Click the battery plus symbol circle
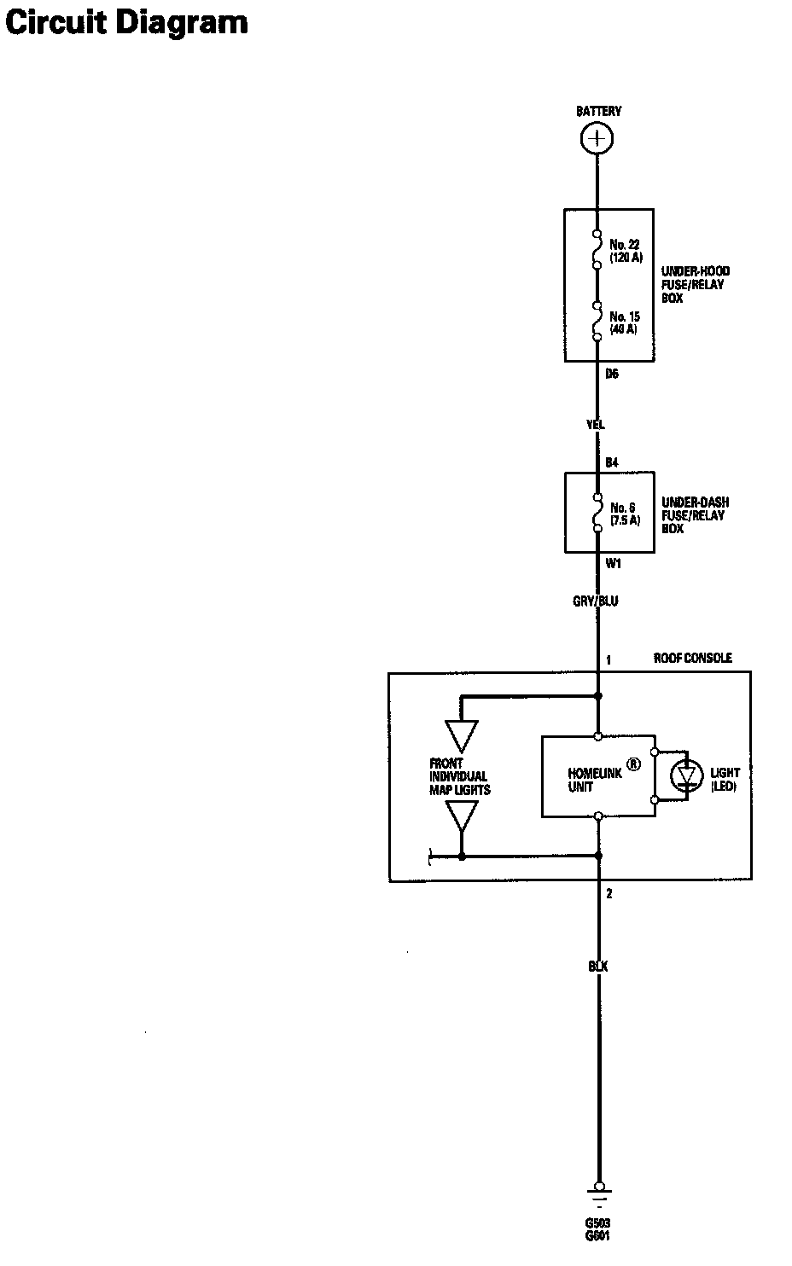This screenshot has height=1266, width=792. click(597, 138)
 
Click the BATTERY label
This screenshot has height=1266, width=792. click(598, 111)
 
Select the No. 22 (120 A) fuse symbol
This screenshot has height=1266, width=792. click(597, 249)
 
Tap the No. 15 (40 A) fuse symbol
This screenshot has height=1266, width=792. click(597, 322)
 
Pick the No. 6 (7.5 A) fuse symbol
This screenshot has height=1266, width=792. click(597, 514)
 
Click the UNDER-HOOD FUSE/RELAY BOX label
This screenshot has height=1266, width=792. click(696, 285)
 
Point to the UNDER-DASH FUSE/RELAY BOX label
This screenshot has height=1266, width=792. click(695, 515)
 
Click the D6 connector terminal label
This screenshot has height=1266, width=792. click(611, 373)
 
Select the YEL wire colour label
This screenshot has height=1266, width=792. click(596, 424)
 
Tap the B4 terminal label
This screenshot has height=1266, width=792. click(611, 462)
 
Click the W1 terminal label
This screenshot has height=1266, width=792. click(612, 563)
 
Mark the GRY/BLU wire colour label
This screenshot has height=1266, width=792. click(595, 601)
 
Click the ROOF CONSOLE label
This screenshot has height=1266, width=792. click(692, 658)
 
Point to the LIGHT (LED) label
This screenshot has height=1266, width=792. click(725, 779)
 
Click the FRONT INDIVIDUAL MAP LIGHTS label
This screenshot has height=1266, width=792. click(459, 776)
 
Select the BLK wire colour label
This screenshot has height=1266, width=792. click(597, 967)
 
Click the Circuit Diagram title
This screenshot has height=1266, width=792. click(126, 22)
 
